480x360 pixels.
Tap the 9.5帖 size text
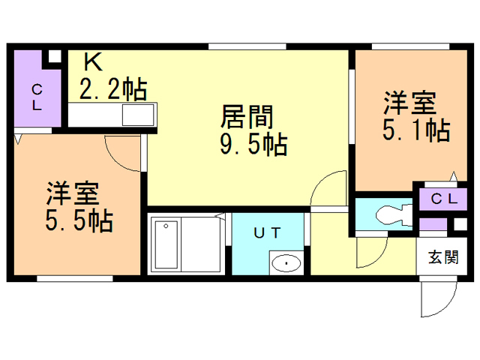[x=253, y=144]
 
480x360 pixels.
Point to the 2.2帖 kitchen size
[x=112, y=89]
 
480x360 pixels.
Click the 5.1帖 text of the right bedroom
[x=415, y=130]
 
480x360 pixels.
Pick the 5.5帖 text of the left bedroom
[x=79, y=220]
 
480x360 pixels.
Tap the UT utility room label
[x=267, y=233]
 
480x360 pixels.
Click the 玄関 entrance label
[x=443, y=258]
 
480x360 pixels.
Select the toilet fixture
[x=391, y=215]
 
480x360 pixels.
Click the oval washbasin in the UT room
[x=286, y=263]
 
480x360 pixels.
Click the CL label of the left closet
[x=35, y=97]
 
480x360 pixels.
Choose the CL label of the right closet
[x=443, y=199]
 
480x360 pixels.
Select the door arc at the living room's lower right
[x=328, y=187]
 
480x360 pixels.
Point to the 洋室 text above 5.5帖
[x=72, y=194]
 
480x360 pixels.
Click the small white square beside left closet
[x=54, y=57]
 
